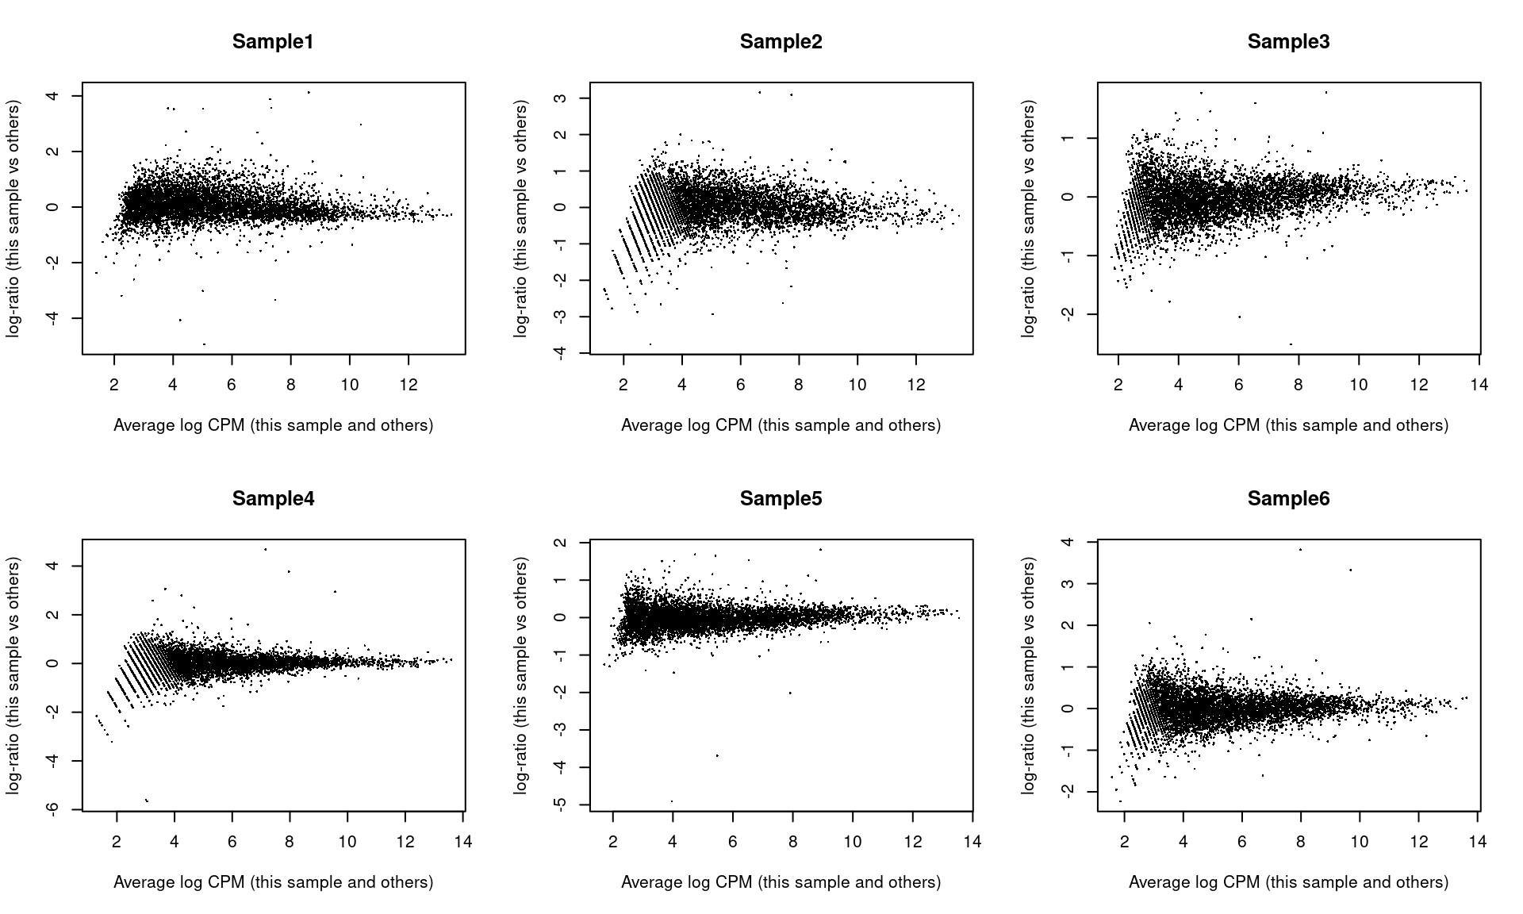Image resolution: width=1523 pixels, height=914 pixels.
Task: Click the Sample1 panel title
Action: pyautogui.click(x=273, y=42)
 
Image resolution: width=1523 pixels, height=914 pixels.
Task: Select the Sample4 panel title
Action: pyautogui.click(x=273, y=499)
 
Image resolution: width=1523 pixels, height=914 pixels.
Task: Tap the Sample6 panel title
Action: pyautogui.click(x=1288, y=499)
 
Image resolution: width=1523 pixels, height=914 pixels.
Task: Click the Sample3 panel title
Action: pyautogui.click(x=1288, y=42)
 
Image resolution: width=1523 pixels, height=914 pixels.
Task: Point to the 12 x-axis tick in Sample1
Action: pyautogui.click(x=409, y=385)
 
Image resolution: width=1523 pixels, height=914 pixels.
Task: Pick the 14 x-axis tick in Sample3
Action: pyautogui.click(x=1479, y=385)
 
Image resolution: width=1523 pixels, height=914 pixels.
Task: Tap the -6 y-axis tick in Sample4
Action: pyautogui.click(x=55, y=809)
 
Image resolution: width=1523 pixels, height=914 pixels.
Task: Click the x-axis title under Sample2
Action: pyautogui.click(x=781, y=425)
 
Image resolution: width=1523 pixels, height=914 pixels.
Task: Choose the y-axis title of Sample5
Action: pyautogui.click(x=520, y=675)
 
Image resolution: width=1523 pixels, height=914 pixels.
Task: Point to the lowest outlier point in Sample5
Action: pyautogui.click(x=672, y=801)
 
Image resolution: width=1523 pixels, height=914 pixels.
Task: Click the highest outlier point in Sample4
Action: pyautogui.click(x=265, y=549)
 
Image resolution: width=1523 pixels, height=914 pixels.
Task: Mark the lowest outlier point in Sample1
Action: pyautogui.click(x=204, y=344)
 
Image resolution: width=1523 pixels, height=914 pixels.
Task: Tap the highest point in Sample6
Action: pyautogui.click(x=1300, y=549)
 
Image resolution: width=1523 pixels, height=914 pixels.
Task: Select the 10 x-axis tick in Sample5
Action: pyautogui.click(x=853, y=842)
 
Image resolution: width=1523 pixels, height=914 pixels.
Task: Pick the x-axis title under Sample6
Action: pyautogui.click(x=1288, y=882)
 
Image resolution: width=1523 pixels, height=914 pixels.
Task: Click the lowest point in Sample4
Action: pyautogui.click(x=147, y=800)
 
